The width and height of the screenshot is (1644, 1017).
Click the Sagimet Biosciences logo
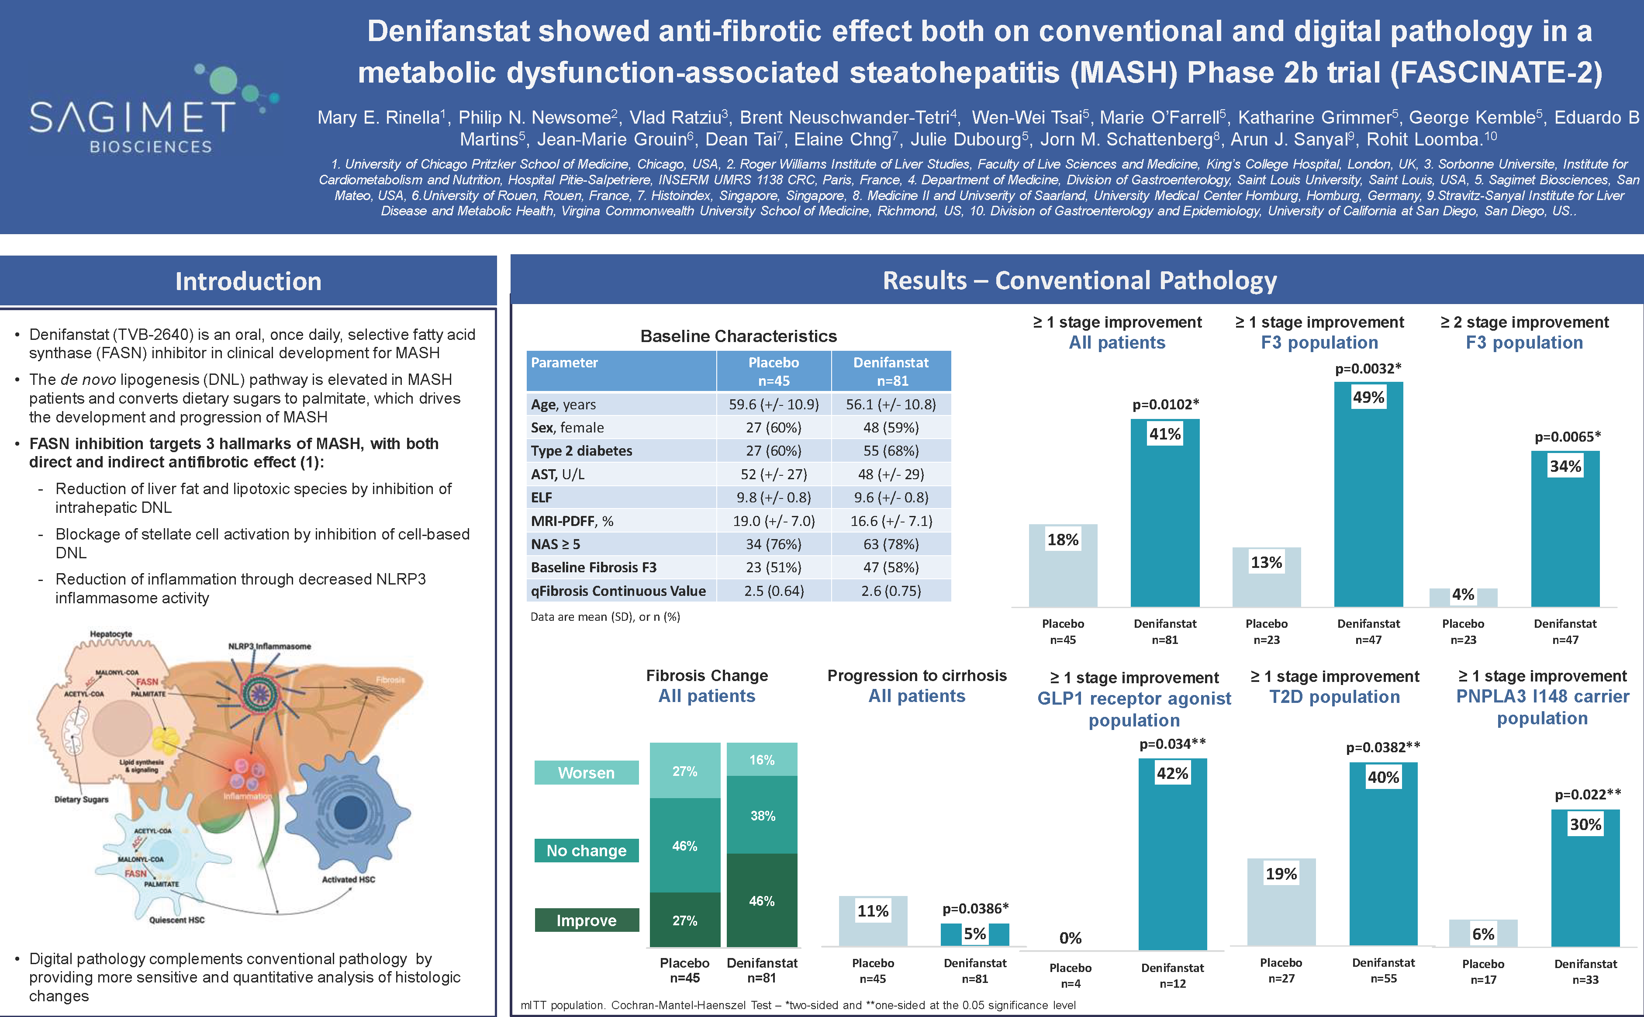pyautogui.click(x=151, y=111)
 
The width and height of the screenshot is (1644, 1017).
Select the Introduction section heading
pyautogui.click(x=248, y=281)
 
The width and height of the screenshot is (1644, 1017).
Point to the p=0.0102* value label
pyautogui.click(x=1165, y=404)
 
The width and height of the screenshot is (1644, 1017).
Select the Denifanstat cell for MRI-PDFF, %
pyautogui.click(x=891, y=521)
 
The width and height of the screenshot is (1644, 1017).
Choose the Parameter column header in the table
pyautogui.click(x=564, y=363)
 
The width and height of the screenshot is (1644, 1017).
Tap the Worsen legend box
pyautogui.click(x=586, y=772)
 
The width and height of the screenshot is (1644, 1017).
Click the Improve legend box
pyautogui.click(x=586, y=920)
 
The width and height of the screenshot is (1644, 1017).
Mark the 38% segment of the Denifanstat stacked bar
pyautogui.click(x=762, y=815)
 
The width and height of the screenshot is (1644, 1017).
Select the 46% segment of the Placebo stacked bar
pyautogui.click(x=684, y=845)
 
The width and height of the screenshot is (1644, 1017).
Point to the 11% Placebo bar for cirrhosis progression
pyautogui.click(x=873, y=920)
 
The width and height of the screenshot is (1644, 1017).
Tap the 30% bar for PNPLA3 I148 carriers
pyautogui.click(x=1585, y=877)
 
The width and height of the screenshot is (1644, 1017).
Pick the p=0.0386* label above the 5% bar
pyautogui.click(x=975, y=909)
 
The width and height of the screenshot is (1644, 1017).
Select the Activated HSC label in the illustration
pyautogui.click(x=348, y=879)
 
